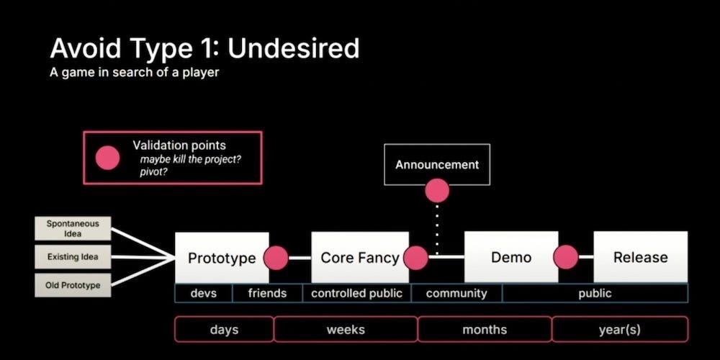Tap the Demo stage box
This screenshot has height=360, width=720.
510,257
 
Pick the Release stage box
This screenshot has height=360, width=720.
640,257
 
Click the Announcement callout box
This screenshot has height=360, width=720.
437,164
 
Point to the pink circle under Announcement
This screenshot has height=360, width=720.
437,191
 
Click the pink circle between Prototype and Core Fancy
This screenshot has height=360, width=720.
276,258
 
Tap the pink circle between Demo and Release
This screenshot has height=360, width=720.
566,258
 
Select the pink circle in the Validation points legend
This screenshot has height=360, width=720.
109,157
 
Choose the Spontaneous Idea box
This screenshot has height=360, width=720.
72,228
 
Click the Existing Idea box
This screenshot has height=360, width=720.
72,257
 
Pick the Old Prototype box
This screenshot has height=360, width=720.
72,286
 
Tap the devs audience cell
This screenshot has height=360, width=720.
204,293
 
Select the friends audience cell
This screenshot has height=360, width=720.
267,293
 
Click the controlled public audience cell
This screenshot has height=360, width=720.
356,293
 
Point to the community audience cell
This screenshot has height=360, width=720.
456,293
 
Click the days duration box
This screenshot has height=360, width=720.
224,330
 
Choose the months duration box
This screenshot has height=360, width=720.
485,330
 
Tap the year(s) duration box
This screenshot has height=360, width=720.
620,330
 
